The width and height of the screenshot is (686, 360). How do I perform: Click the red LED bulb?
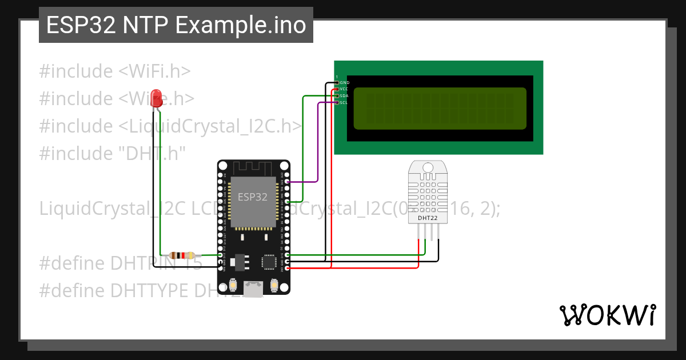click(x=156, y=98)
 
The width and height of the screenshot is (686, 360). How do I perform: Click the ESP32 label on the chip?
click(x=253, y=197)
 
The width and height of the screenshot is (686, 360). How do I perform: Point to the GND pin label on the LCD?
click(x=345, y=82)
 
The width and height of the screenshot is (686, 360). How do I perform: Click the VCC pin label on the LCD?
click(x=344, y=89)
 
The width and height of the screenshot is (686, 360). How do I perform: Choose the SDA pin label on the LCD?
click(x=344, y=96)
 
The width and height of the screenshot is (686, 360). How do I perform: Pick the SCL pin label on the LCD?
click(x=344, y=103)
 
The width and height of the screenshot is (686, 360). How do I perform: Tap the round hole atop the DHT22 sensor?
click(x=428, y=168)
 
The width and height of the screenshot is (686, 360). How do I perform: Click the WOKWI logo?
click(x=607, y=315)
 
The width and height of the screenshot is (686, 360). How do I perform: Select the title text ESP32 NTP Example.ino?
click(x=176, y=25)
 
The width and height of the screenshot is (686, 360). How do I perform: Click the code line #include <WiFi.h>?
click(x=115, y=71)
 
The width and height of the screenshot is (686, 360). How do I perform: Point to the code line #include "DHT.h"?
click(x=113, y=153)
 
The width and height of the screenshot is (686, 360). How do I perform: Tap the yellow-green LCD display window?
click(x=439, y=109)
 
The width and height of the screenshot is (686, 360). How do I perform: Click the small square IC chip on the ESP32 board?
click(x=268, y=262)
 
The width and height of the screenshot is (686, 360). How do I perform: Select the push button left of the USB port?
click(x=233, y=284)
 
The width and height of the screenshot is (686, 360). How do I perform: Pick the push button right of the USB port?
click(x=274, y=284)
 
